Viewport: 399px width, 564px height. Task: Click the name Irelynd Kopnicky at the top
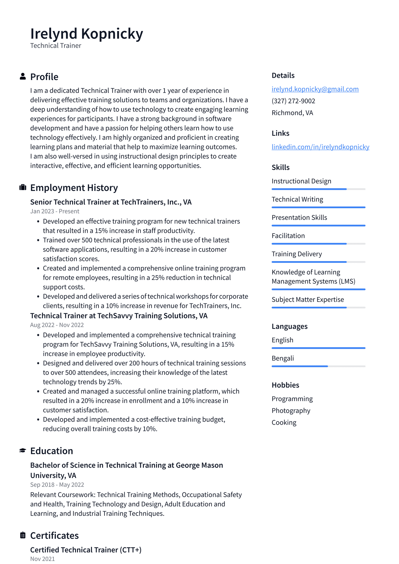click(x=86, y=34)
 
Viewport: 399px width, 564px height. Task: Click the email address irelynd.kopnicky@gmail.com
click(x=315, y=89)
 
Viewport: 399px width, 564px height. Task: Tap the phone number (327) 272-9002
click(x=293, y=101)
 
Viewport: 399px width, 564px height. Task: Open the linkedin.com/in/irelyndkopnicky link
click(x=320, y=147)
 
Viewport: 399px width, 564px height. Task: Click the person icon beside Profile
click(x=23, y=77)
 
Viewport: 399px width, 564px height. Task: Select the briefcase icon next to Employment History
click(x=23, y=188)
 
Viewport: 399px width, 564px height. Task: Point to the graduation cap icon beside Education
click(x=23, y=451)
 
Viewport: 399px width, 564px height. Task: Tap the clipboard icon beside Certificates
click(x=23, y=535)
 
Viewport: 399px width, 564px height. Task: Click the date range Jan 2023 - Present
click(x=55, y=211)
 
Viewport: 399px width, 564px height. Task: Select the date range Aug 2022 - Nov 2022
click(x=57, y=325)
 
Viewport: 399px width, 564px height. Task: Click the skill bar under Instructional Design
click(x=318, y=189)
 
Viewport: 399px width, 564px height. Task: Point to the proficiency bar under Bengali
click(x=318, y=366)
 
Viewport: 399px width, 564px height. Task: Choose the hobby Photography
click(x=291, y=411)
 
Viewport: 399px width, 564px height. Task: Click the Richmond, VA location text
click(x=292, y=113)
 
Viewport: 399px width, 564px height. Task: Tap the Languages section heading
click(x=289, y=326)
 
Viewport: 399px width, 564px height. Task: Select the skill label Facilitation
click(x=288, y=236)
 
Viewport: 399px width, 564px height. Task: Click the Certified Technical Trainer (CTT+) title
click(x=86, y=550)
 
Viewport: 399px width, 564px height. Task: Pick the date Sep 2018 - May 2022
click(x=57, y=485)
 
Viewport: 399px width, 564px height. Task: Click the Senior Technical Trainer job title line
click(x=111, y=202)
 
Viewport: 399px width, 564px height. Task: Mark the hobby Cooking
click(x=284, y=423)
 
